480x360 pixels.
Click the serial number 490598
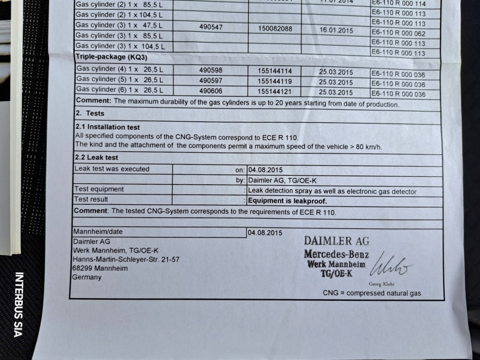[210, 70]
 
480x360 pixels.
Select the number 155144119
[275, 81]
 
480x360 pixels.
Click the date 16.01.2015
[336, 30]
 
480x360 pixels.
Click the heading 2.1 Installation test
[108, 127]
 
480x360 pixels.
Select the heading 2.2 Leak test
[97, 158]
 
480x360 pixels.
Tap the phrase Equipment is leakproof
[287, 201]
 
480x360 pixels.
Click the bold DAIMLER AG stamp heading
[337, 241]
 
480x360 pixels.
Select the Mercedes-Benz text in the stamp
[336, 254]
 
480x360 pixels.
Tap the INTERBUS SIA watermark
[18, 304]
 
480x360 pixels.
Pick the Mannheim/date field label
[98, 232]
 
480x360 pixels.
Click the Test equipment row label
[99, 189]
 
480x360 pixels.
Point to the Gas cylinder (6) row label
[119, 90]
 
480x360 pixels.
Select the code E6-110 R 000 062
[398, 33]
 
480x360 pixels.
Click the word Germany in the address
[87, 277]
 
